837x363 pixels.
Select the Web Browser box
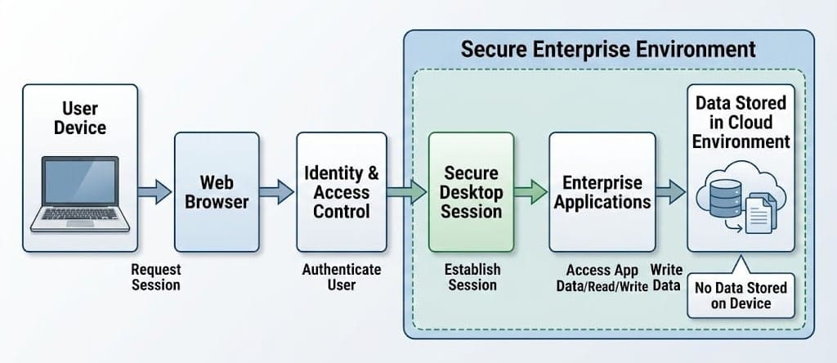216,191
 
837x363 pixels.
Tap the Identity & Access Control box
341,191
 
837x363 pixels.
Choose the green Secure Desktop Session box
472,191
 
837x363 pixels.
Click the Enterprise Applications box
602,191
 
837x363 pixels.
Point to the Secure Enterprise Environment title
608,49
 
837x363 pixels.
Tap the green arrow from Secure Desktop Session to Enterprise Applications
530,193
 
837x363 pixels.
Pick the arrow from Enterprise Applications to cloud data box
670,193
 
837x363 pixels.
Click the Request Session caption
155,276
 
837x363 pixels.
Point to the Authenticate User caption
341,276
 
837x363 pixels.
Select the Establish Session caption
472,276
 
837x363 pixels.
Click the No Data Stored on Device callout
740,295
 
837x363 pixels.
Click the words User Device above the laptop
79,118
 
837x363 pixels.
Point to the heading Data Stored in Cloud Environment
741,122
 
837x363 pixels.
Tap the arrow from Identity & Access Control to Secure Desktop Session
405,193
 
